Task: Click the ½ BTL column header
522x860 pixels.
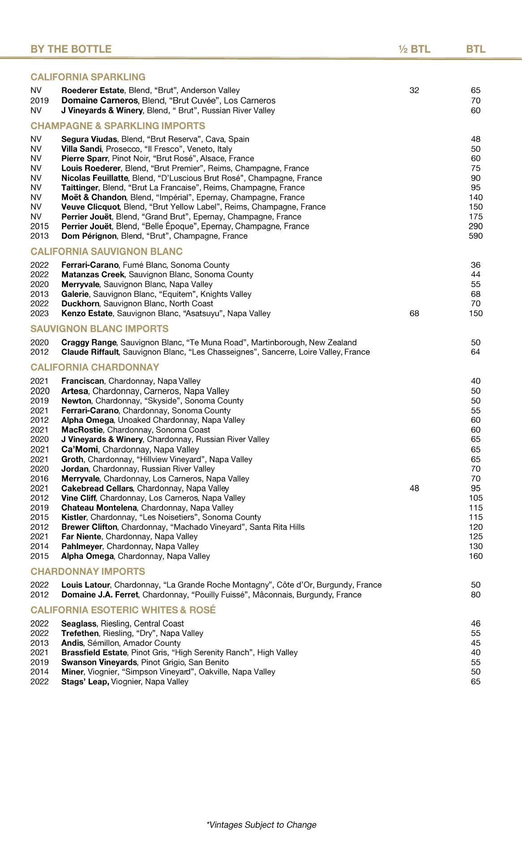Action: pyautogui.click(x=414, y=49)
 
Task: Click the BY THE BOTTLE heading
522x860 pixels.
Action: pyautogui.click(x=71, y=49)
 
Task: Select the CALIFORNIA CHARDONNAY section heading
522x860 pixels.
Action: pyautogui.click(x=95, y=367)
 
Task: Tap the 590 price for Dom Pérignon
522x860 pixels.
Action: pyautogui.click(x=475, y=236)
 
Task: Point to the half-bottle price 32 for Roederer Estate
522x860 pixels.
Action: pyautogui.click(x=414, y=90)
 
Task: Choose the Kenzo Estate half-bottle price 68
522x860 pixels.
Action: pyautogui.click(x=414, y=314)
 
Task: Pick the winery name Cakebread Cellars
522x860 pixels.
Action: pyautogui.click(x=97, y=488)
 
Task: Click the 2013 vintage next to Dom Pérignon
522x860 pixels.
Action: pyautogui.click(x=39, y=236)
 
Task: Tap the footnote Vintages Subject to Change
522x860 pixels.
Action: pyautogui.click(x=261, y=825)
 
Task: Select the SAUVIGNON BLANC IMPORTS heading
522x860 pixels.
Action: pyautogui.click(x=99, y=329)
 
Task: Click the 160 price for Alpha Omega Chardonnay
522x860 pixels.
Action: pyautogui.click(x=475, y=556)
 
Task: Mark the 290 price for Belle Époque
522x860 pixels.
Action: pyautogui.click(x=475, y=226)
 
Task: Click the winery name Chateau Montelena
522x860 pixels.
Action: pyautogui.click(x=99, y=508)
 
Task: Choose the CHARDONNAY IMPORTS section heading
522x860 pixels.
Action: pyautogui.click(x=88, y=572)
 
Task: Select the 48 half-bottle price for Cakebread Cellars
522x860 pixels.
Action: pyautogui.click(x=414, y=488)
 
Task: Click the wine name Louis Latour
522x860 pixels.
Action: pyautogui.click(x=86, y=585)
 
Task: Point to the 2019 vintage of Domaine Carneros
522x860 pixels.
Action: pyautogui.click(x=39, y=101)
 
